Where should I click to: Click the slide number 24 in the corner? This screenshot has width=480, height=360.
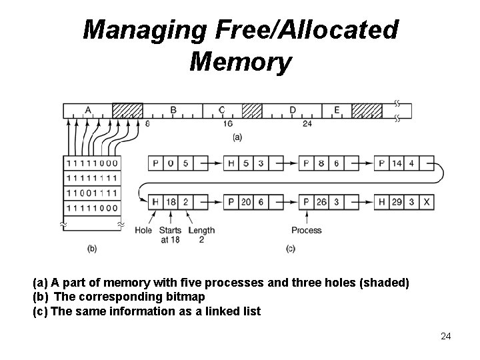click(446, 336)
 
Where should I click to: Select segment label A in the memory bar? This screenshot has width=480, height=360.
click(88, 110)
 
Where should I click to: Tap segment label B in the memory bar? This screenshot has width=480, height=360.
click(173, 110)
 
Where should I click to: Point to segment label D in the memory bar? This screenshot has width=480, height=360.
click(293, 110)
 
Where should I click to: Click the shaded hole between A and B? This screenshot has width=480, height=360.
click(128, 110)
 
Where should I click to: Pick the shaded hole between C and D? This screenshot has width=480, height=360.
click(251, 110)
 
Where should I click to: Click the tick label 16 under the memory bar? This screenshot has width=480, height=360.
click(227, 123)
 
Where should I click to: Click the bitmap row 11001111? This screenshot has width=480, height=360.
click(91, 193)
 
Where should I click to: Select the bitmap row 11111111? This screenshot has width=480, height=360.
click(91, 178)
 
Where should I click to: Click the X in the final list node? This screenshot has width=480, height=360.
click(427, 201)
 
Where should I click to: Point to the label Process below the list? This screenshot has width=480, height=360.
click(306, 231)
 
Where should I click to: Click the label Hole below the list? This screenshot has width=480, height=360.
click(143, 231)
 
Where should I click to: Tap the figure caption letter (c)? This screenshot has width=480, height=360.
click(290, 249)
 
